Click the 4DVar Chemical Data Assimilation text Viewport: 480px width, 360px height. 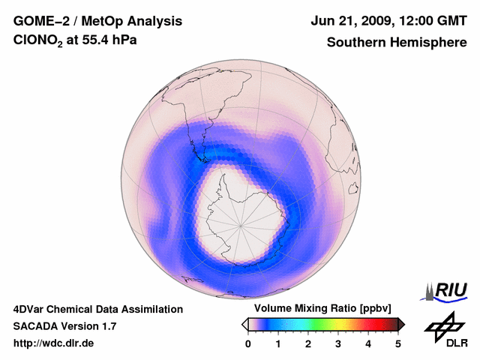point(98,309)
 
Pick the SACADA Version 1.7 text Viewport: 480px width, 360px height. point(64,326)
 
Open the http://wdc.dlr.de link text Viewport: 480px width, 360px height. point(54,343)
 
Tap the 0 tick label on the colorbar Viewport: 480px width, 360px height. point(248,343)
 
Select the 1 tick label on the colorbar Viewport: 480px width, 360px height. point(278,343)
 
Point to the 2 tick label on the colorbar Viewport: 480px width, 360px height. point(308,343)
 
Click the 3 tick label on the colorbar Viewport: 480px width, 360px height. point(338,343)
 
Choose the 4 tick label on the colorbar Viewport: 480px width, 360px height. point(368,343)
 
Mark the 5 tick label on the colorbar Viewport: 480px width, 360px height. point(398,343)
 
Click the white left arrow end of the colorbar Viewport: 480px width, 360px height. point(244,324)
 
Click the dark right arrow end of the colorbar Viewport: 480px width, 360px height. point(402,324)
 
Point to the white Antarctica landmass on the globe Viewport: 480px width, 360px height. point(240,217)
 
